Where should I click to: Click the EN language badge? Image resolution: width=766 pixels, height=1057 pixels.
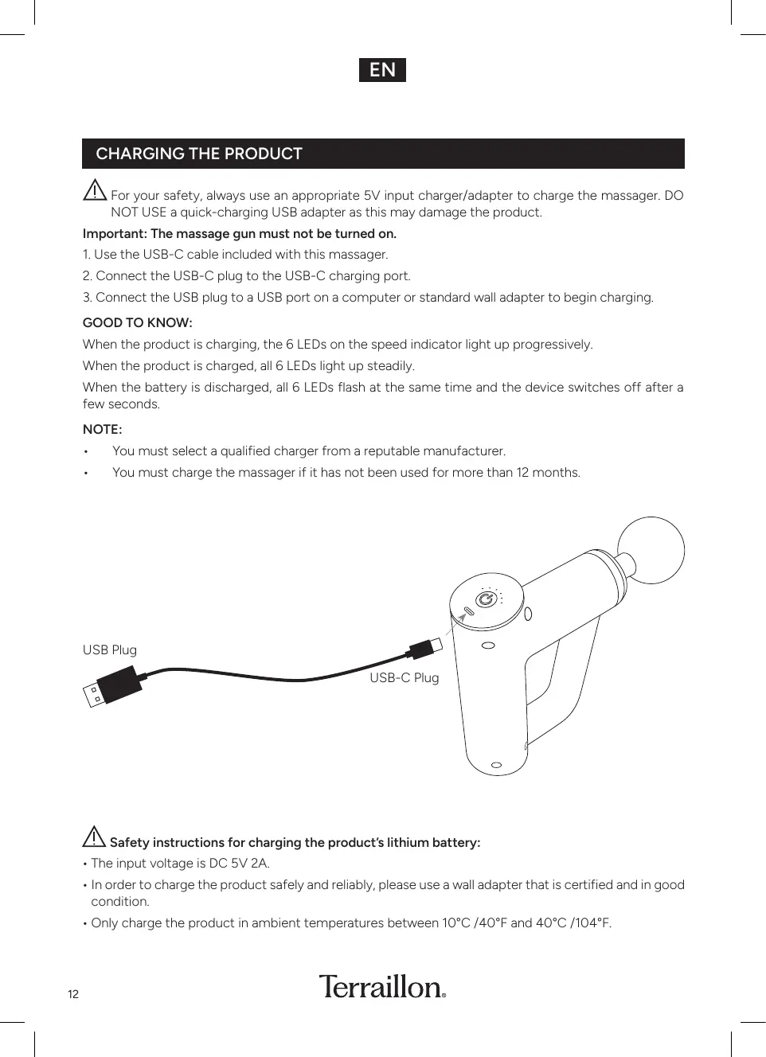click(382, 70)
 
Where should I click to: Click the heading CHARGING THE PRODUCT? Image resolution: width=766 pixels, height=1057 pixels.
click(199, 154)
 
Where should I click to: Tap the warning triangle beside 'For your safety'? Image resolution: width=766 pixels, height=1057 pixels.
click(95, 191)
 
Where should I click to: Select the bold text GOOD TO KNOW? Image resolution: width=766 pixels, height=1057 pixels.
click(138, 323)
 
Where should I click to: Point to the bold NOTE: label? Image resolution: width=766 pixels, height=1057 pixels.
click(103, 430)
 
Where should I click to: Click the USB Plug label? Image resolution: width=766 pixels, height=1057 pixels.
click(110, 650)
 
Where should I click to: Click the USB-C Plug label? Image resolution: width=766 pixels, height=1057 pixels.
click(404, 678)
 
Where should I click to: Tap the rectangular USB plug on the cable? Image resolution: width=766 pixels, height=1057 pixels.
click(111, 688)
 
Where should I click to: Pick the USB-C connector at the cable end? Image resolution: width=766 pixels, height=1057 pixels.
click(423, 647)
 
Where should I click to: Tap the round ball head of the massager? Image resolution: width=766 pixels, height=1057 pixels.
click(651, 550)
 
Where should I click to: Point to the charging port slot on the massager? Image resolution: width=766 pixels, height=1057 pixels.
click(468, 612)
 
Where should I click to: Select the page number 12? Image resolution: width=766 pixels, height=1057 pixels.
click(73, 994)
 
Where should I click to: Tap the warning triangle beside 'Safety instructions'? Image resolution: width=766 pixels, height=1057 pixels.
click(94, 837)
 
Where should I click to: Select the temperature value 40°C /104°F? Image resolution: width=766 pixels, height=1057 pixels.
click(573, 923)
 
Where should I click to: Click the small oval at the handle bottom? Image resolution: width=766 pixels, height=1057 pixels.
click(497, 765)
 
